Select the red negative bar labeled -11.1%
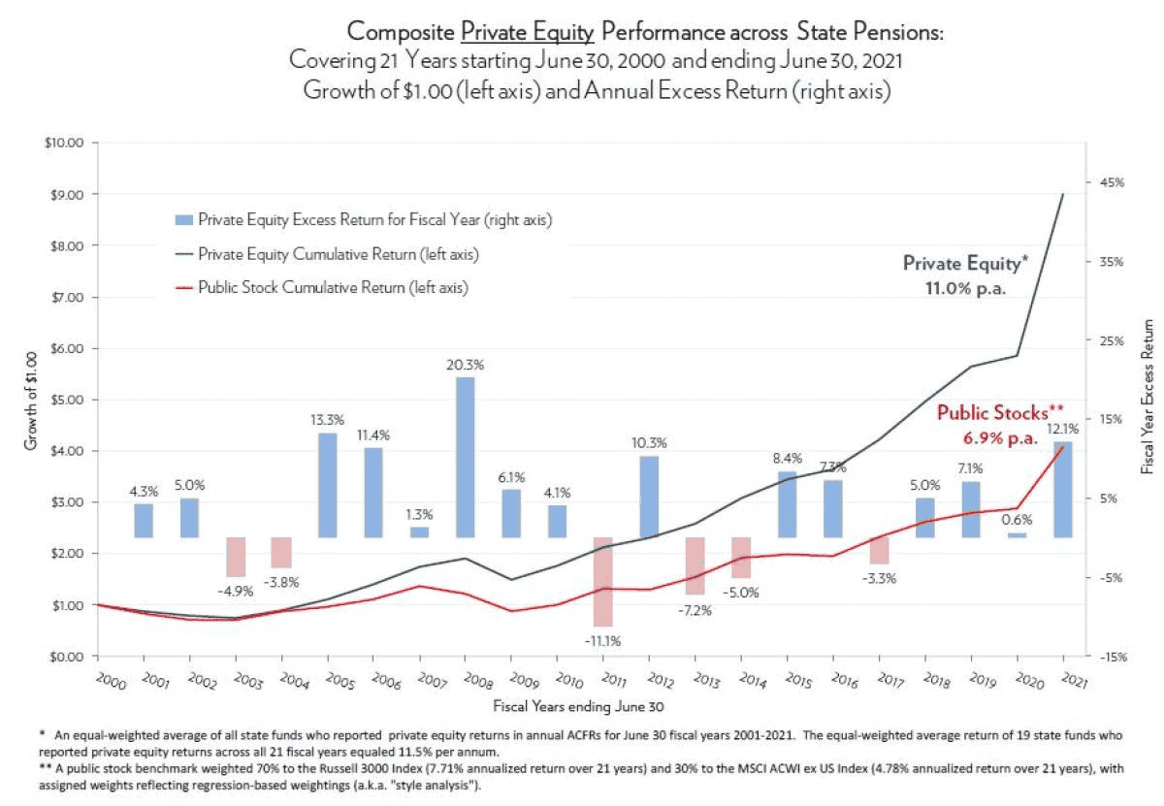[x=603, y=581]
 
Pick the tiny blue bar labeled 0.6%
[x=1017, y=534]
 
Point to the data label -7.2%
[x=695, y=611]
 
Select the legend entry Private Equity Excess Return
[x=374, y=220]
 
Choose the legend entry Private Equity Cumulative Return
[x=339, y=254]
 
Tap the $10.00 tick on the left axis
[x=63, y=143]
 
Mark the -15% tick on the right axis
[x=1112, y=657]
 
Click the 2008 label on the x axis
[x=463, y=678]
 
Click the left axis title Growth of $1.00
[x=30, y=400]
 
